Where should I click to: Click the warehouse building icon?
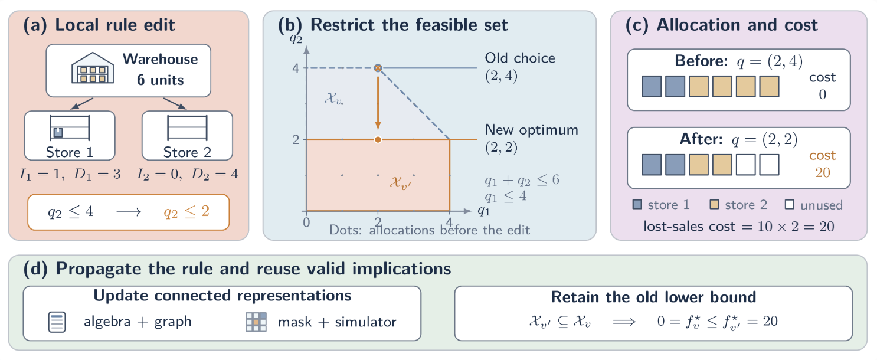pos(93,68)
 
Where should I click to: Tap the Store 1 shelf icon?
pos(70,127)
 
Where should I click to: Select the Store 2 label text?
pos(187,152)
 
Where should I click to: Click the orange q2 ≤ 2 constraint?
pos(186,212)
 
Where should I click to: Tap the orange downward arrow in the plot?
pos(378,103)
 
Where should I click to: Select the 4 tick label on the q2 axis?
pos(296,68)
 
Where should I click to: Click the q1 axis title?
pos(484,211)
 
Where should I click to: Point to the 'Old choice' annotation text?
pos(520,58)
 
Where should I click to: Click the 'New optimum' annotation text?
pos(531,129)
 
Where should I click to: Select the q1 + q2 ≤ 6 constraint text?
pos(522,181)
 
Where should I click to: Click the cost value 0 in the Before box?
pos(822,94)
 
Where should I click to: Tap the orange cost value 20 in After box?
pos(823,172)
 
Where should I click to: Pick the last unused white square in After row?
pos(769,165)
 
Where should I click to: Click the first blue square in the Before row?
pos(652,87)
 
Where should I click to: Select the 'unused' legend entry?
pos(814,205)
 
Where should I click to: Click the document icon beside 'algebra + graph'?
pos(57,322)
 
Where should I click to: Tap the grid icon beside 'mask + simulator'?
pos(256,322)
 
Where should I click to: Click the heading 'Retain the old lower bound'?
pos(653,297)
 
